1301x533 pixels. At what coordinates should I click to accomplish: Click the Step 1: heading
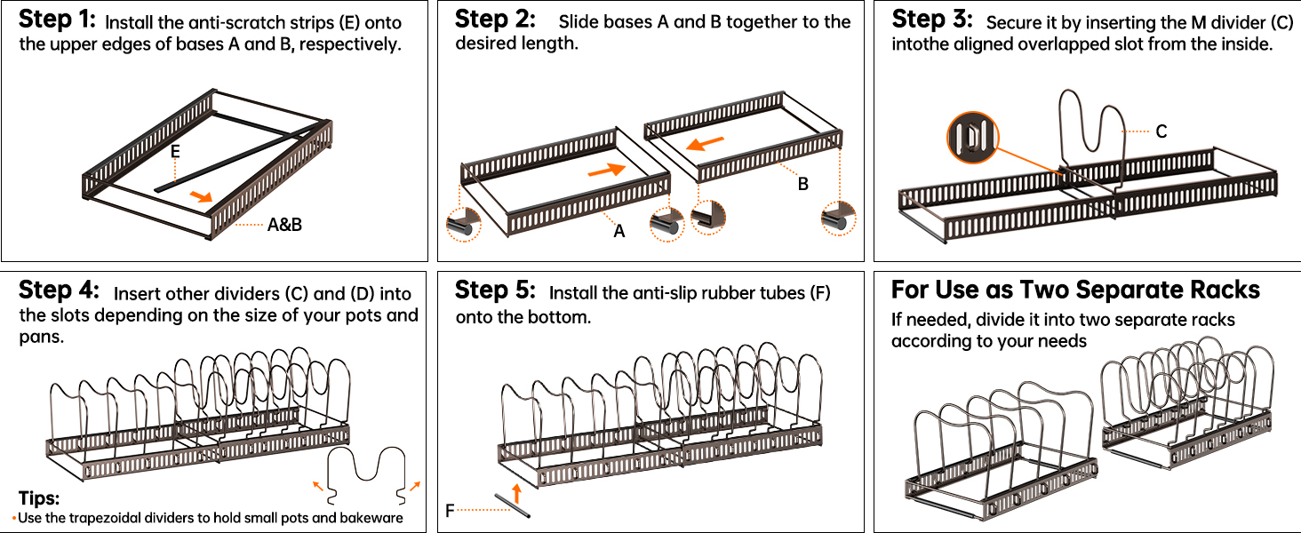57,20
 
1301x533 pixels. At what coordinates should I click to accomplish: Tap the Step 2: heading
495,20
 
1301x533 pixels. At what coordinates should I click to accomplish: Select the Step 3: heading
932,20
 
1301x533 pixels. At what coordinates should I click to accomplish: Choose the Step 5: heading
495,291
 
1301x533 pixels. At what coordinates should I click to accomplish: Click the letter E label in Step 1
176,152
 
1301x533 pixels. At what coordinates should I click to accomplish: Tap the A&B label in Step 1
284,225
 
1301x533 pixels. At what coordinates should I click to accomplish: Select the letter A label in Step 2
619,231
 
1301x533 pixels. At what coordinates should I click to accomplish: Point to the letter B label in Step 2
802,185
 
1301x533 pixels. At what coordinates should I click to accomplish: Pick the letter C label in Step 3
1161,131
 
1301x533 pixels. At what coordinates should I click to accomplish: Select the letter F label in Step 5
451,510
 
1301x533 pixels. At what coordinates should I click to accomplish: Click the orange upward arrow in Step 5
516,492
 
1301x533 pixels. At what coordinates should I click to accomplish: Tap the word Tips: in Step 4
38,497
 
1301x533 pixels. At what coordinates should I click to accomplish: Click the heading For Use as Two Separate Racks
1075,290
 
